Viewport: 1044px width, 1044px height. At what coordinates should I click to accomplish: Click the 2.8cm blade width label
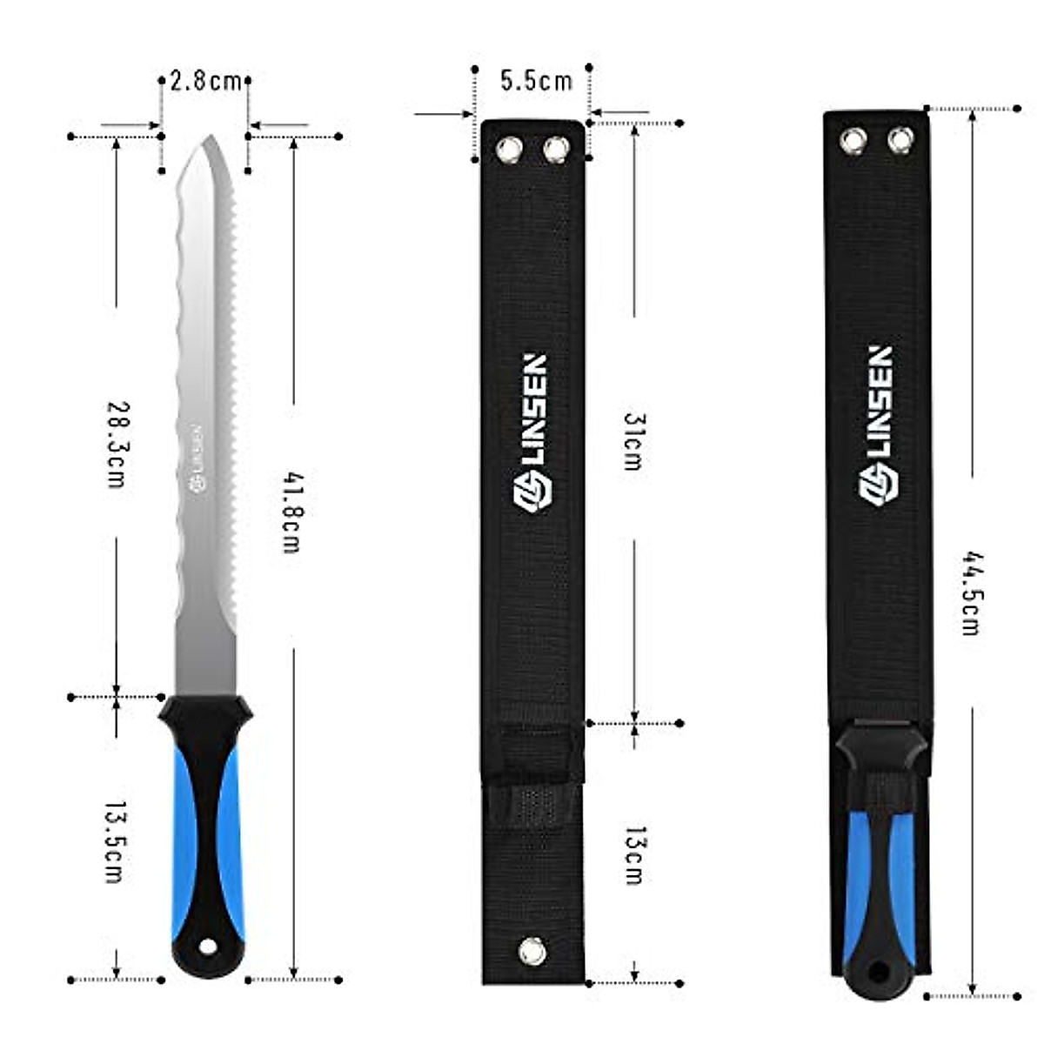(x=205, y=82)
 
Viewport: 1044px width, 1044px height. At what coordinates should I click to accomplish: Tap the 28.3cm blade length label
(x=117, y=443)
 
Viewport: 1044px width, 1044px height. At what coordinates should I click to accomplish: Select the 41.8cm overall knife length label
(x=292, y=512)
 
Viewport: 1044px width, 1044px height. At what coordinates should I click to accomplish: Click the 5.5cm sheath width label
(x=536, y=81)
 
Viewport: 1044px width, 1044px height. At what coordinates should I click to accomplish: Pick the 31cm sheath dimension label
(x=633, y=442)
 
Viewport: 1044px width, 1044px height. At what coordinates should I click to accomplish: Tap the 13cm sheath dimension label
(x=634, y=855)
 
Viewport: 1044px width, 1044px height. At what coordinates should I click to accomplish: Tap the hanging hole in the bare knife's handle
(x=207, y=946)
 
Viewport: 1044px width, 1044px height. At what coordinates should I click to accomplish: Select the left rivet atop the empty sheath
(x=508, y=150)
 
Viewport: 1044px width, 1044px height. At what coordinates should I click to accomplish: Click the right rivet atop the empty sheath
(x=556, y=150)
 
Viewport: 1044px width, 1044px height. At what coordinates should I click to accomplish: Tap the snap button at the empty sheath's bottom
(x=532, y=950)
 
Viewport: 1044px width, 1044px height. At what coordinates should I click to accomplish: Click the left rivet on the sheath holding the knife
(x=853, y=139)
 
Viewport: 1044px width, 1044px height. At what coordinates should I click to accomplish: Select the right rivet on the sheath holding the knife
(x=900, y=139)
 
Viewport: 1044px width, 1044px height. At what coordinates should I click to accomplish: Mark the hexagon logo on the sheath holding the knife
(x=879, y=485)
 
